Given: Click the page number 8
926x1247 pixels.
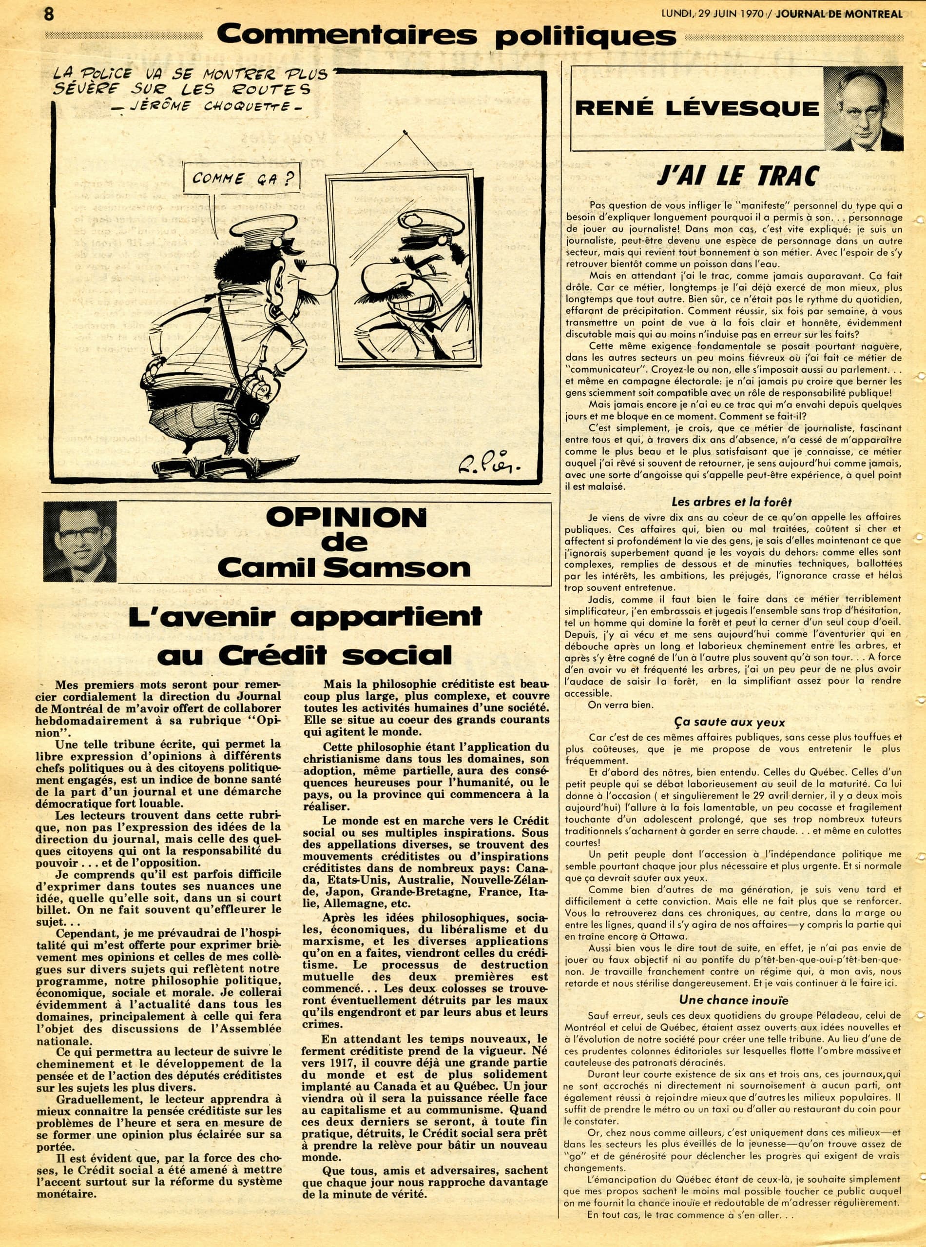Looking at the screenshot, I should coord(49,14).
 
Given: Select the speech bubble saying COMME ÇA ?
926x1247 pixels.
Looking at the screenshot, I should coord(243,179).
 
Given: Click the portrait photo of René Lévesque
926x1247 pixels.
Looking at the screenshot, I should coord(863,109).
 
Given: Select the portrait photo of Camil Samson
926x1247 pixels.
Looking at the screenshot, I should coord(80,542).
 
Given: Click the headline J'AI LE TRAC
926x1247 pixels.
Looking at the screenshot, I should coord(738,176).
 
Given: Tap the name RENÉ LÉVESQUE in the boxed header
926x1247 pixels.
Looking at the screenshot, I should coord(697,108).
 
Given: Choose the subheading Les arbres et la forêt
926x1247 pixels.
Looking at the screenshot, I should coord(732,502).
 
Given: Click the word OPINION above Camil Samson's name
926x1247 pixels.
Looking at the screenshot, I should coord(346,518).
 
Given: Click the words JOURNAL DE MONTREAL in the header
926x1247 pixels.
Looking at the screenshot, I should coord(839,14).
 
